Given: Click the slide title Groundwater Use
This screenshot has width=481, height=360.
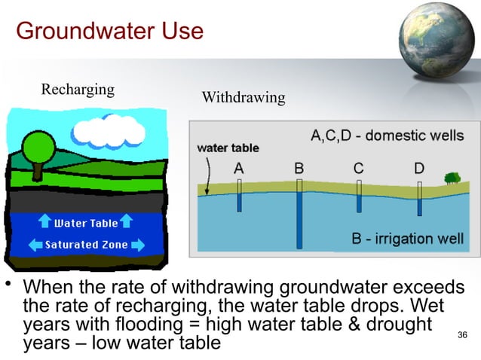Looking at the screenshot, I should coord(109,32).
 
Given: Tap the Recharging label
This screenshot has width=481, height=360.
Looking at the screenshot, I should coord(78,90).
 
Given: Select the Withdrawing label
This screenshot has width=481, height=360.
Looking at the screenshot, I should coord(244,98).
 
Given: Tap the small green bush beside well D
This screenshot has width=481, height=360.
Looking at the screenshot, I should coord(452,178).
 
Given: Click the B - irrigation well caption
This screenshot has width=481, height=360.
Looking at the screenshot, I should coord(408,239).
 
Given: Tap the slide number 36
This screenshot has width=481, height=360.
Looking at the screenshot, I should coord(463,334).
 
